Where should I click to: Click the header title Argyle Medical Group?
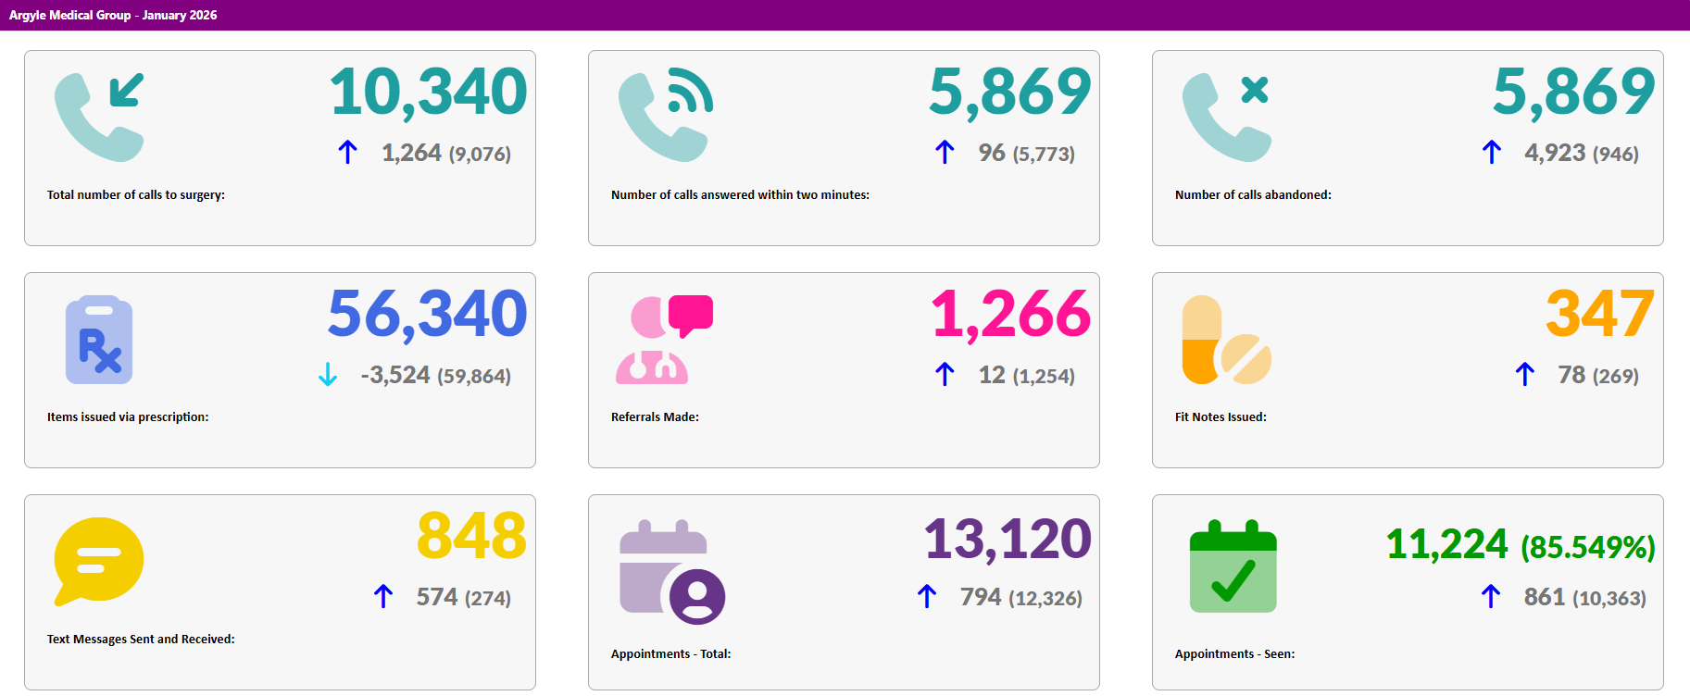coord(69,15)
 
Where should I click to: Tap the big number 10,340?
coord(428,92)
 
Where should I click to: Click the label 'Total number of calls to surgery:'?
coord(136,194)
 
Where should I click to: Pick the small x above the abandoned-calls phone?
coord(1255,90)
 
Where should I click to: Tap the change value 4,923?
coord(1555,153)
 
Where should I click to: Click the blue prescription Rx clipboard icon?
coord(99,340)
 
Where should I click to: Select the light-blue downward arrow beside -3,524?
coord(328,374)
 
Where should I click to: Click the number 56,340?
coord(428,314)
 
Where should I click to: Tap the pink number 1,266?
coord(1011,314)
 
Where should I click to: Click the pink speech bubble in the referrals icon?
coord(691,314)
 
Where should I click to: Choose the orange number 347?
coord(1599,314)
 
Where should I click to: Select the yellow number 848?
coord(471,536)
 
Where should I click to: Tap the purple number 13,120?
coord(1008,539)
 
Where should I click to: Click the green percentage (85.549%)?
coord(1587,547)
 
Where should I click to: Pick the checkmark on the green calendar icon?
coord(1233,580)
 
